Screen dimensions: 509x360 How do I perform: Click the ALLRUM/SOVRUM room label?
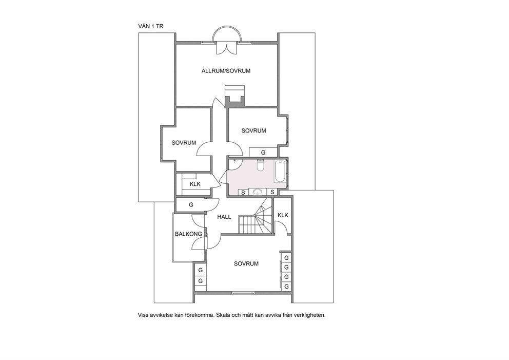(x=226, y=71)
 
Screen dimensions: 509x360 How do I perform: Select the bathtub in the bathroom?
(x=280, y=172)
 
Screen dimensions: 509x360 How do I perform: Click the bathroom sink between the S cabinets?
(x=258, y=193)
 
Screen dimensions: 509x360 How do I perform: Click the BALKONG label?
(x=188, y=234)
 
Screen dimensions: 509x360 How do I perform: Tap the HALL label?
(x=224, y=217)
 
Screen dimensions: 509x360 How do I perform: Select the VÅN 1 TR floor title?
(x=151, y=27)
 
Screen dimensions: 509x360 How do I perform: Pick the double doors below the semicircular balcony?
(x=227, y=47)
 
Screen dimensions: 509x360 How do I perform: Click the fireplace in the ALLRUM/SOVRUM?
(x=234, y=96)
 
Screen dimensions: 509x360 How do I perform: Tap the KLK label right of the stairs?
(x=283, y=215)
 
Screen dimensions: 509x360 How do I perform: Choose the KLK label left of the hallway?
(x=195, y=184)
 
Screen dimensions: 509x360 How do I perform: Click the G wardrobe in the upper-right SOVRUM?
(x=263, y=152)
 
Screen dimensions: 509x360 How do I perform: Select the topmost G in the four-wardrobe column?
(x=286, y=258)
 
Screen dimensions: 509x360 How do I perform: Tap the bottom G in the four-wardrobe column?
(x=286, y=287)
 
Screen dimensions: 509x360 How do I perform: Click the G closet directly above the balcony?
(x=191, y=205)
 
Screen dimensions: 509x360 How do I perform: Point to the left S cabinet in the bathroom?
(x=243, y=193)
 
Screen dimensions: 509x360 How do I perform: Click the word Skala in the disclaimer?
(x=223, y=315)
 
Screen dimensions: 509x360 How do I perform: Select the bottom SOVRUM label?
(x=246, y=264)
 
